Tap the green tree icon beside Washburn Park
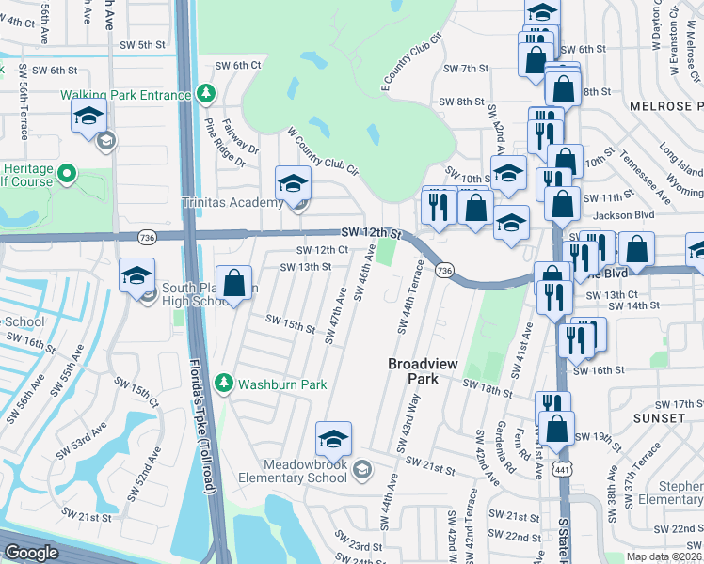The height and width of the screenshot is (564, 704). coord(224,384)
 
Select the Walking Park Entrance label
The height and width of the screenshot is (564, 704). coord(126,95)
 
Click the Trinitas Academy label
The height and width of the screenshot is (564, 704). coord(232,203)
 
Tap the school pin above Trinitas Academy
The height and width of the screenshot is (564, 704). coord(292,181)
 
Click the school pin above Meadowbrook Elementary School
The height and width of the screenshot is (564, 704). coord(332,438)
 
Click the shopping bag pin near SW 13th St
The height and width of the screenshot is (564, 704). coord(235,281)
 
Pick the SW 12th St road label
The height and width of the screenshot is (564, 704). coord(371,232)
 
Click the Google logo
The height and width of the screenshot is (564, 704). coord(32,553)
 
